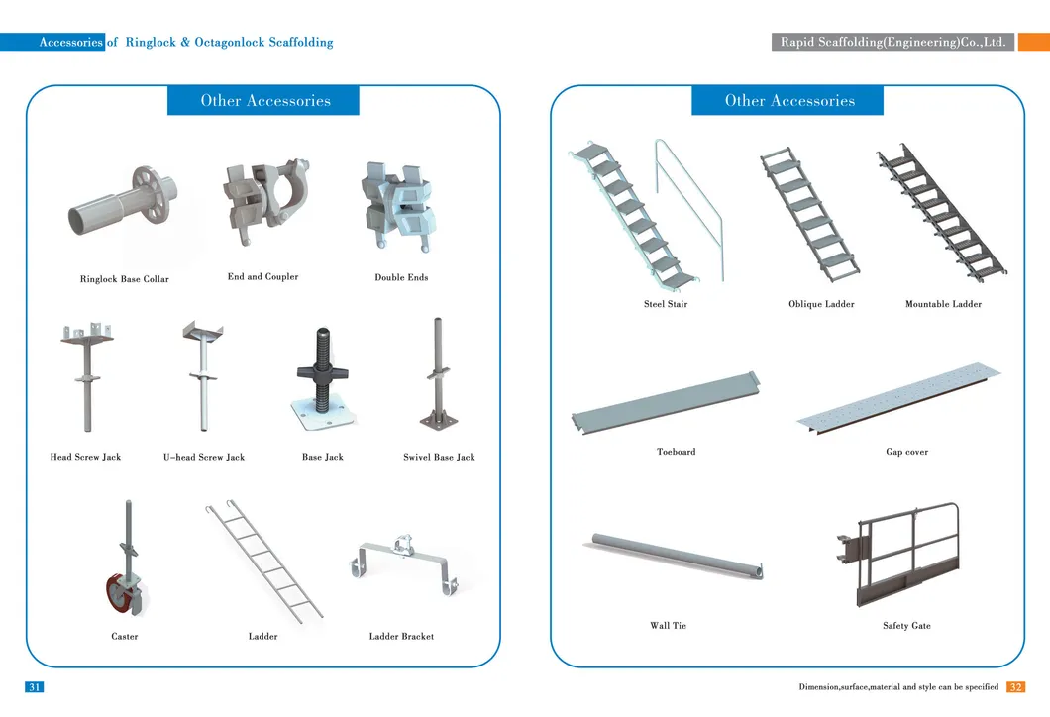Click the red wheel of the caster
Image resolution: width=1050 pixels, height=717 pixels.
click(120, 592)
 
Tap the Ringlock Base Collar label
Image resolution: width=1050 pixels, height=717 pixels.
click(125, 279)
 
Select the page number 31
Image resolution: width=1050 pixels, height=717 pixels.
click(34, 687)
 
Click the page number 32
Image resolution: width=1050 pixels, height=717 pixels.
click(1016, 687)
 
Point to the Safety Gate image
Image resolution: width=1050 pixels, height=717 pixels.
click(898, 555)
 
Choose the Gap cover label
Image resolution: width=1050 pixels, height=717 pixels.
click(906, 452)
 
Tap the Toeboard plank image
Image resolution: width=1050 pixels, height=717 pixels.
click(666, 404)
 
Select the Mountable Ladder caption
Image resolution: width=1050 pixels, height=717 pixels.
click(944, 304)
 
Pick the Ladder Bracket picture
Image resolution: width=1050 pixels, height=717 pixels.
click(404, 564)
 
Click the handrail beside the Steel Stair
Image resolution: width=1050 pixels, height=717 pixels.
click(689, 209)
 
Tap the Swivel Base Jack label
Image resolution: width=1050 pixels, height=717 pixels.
click(439, 458)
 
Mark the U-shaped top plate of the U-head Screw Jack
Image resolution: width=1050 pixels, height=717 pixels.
click(203, 330)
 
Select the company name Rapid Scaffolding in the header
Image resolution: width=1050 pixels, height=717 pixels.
click(892, 43)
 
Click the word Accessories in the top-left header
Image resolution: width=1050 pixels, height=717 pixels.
click(71, 43)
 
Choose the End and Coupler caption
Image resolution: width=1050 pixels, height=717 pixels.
click(263, 276)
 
